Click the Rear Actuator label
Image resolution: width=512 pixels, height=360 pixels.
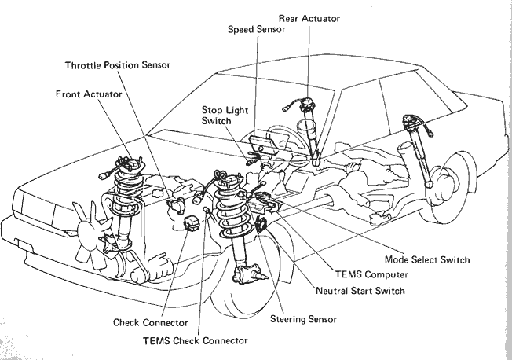(309, 19)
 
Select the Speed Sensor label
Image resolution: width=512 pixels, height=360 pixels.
(256, 29)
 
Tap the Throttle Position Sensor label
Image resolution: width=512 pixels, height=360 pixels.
(118, 65)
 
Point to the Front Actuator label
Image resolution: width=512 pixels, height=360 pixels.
(89, 94)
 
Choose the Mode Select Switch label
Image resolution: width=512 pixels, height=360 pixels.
(427, 259)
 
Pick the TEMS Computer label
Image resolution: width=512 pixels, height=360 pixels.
(371, 274)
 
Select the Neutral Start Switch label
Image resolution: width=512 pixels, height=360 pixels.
(360, 291)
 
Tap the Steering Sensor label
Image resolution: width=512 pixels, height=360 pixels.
(303, 319)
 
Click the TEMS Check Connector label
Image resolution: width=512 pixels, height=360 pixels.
(196, 340)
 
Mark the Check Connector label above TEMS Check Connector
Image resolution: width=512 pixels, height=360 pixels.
(151, 323)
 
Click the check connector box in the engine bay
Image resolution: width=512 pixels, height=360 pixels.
(192, 223)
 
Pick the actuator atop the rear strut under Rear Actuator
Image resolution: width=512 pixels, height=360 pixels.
(306, 105)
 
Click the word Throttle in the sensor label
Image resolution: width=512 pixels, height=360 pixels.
(83, 65)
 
